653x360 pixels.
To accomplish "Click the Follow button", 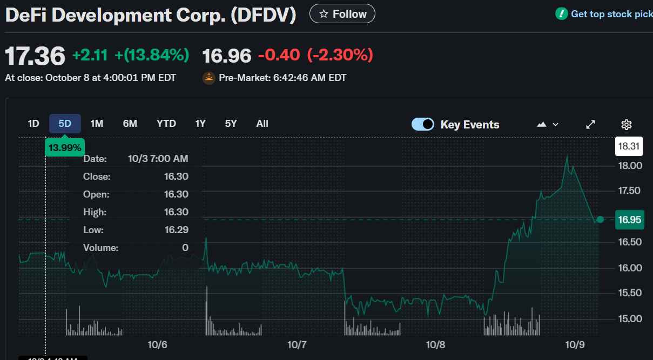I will pos(342,14).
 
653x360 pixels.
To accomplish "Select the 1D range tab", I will pos(33,124).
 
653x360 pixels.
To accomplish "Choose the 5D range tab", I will pos(65,124).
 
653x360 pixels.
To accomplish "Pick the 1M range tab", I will pos(97,124).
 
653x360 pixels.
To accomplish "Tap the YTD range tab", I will pos(166,124).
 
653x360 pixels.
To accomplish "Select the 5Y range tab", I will pos(231,124).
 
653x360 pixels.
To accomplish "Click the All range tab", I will pos(262,124).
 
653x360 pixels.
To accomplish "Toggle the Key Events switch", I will pos(422,125).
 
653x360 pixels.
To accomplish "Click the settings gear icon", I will pos(627,125).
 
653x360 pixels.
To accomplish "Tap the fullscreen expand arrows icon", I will pos(591,125).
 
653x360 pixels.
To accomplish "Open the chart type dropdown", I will pos(548,125).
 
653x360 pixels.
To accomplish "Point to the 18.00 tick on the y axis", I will pos(630,165).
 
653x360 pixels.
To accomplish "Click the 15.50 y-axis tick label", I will pos(630,293).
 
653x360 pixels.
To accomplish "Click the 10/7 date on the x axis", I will pos(297,344).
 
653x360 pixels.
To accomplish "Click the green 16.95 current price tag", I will pos(630,220).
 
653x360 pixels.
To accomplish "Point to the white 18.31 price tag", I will pos(630,146).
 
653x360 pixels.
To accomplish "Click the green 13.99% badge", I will pos(65,147).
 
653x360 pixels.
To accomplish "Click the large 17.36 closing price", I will pos(35,56).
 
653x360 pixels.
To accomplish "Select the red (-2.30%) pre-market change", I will pos(340,55).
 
